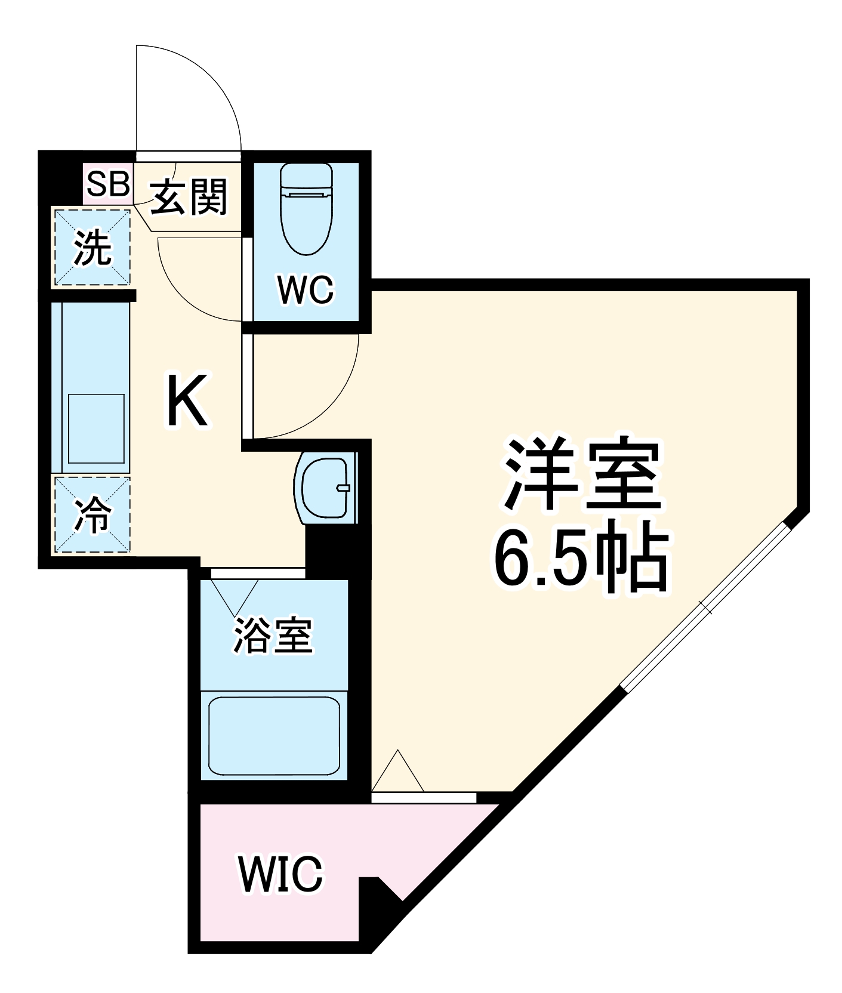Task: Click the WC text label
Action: tap(306, 290)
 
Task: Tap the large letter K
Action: tap(187, 400)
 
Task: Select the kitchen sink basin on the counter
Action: tap(96, 428)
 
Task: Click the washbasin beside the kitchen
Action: tap(325, 488)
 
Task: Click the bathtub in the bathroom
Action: tap(274, 735)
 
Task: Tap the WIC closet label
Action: tap(280, 875)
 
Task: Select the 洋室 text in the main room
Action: tap(582, 474)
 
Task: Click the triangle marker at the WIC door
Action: tap(397, 772)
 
